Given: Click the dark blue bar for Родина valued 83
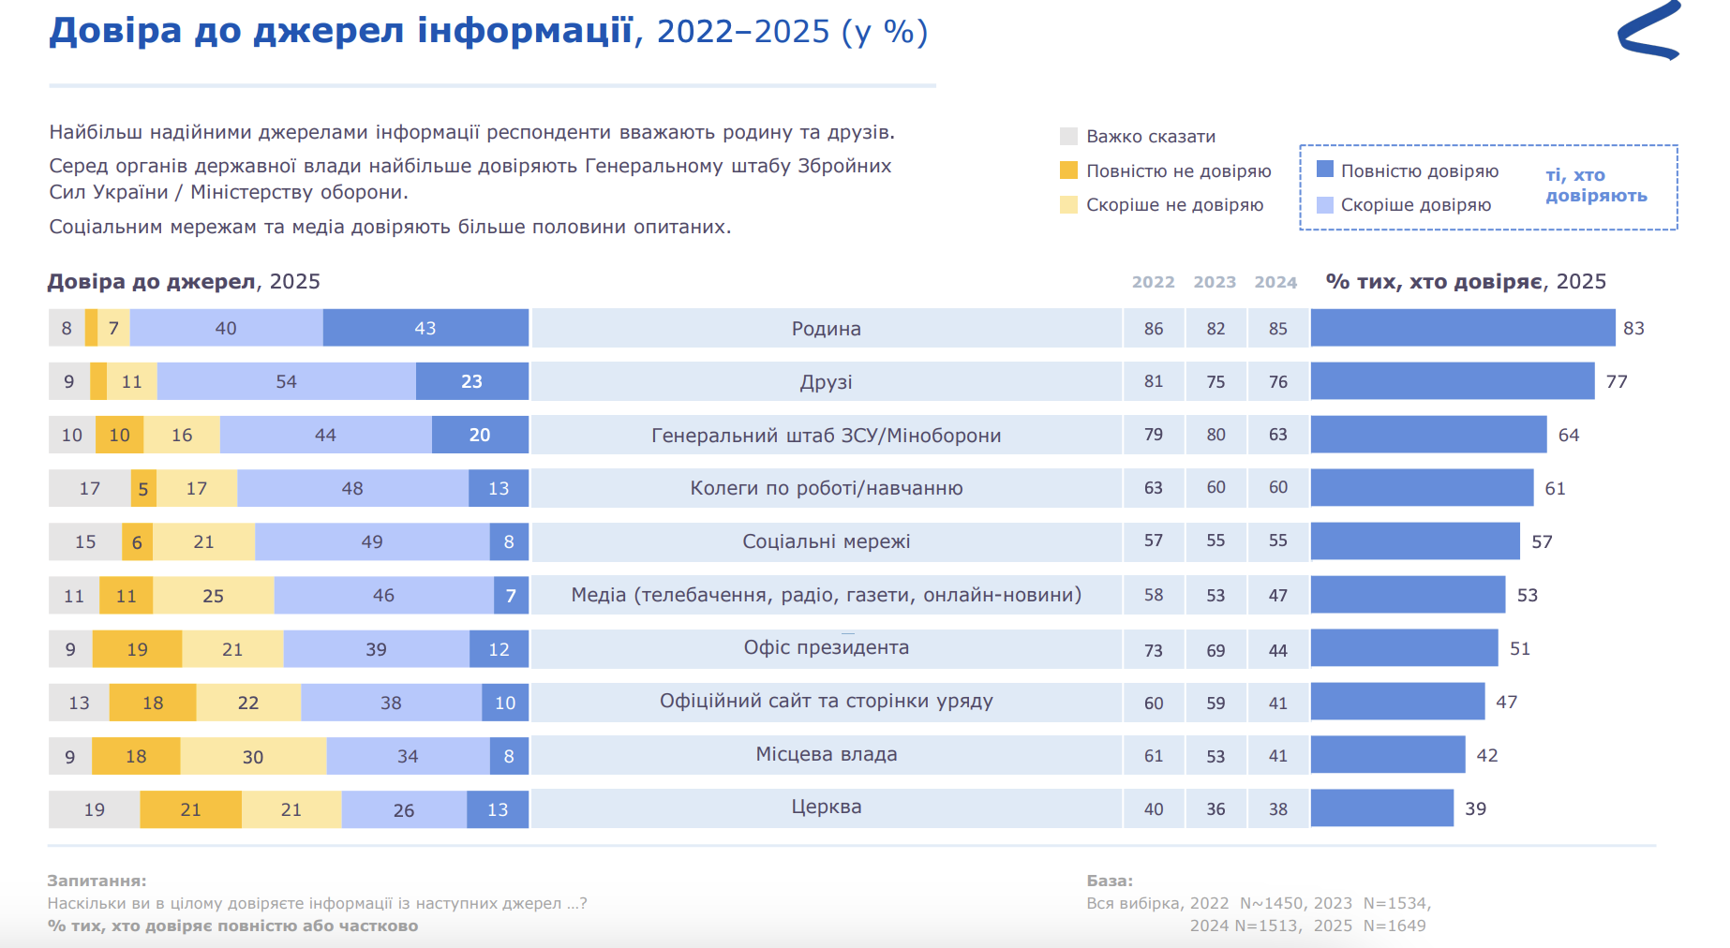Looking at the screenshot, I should pos(1462,328).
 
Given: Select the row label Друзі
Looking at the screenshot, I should pos(826,382).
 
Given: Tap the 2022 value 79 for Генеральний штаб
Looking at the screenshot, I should pos(1153,435).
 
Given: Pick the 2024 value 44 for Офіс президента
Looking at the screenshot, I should pos(1277,650).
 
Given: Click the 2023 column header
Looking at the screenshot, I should pos(1215,282).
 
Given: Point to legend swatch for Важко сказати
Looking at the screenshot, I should pos(1068,137).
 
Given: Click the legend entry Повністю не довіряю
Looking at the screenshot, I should pos(1178,171).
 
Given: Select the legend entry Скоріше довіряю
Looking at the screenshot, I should pos(1415,205).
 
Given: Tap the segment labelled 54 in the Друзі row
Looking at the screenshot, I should pos(286,382).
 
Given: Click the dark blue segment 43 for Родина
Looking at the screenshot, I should pos(425,329).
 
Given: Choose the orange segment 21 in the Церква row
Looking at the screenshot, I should pos(190,809).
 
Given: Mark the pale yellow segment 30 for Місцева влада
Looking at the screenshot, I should pos(253,756).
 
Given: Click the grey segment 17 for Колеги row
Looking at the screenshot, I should pos(89,488).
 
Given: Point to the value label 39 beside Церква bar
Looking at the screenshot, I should pos(1475,808).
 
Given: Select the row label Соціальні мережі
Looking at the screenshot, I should pos(826,541).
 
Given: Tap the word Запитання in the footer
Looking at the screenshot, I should pos(97,881).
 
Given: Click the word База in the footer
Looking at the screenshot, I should pos(1110,881).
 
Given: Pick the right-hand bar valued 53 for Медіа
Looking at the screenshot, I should pos(1408,595).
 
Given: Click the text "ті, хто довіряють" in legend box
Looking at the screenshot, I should pos(1595,185).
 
